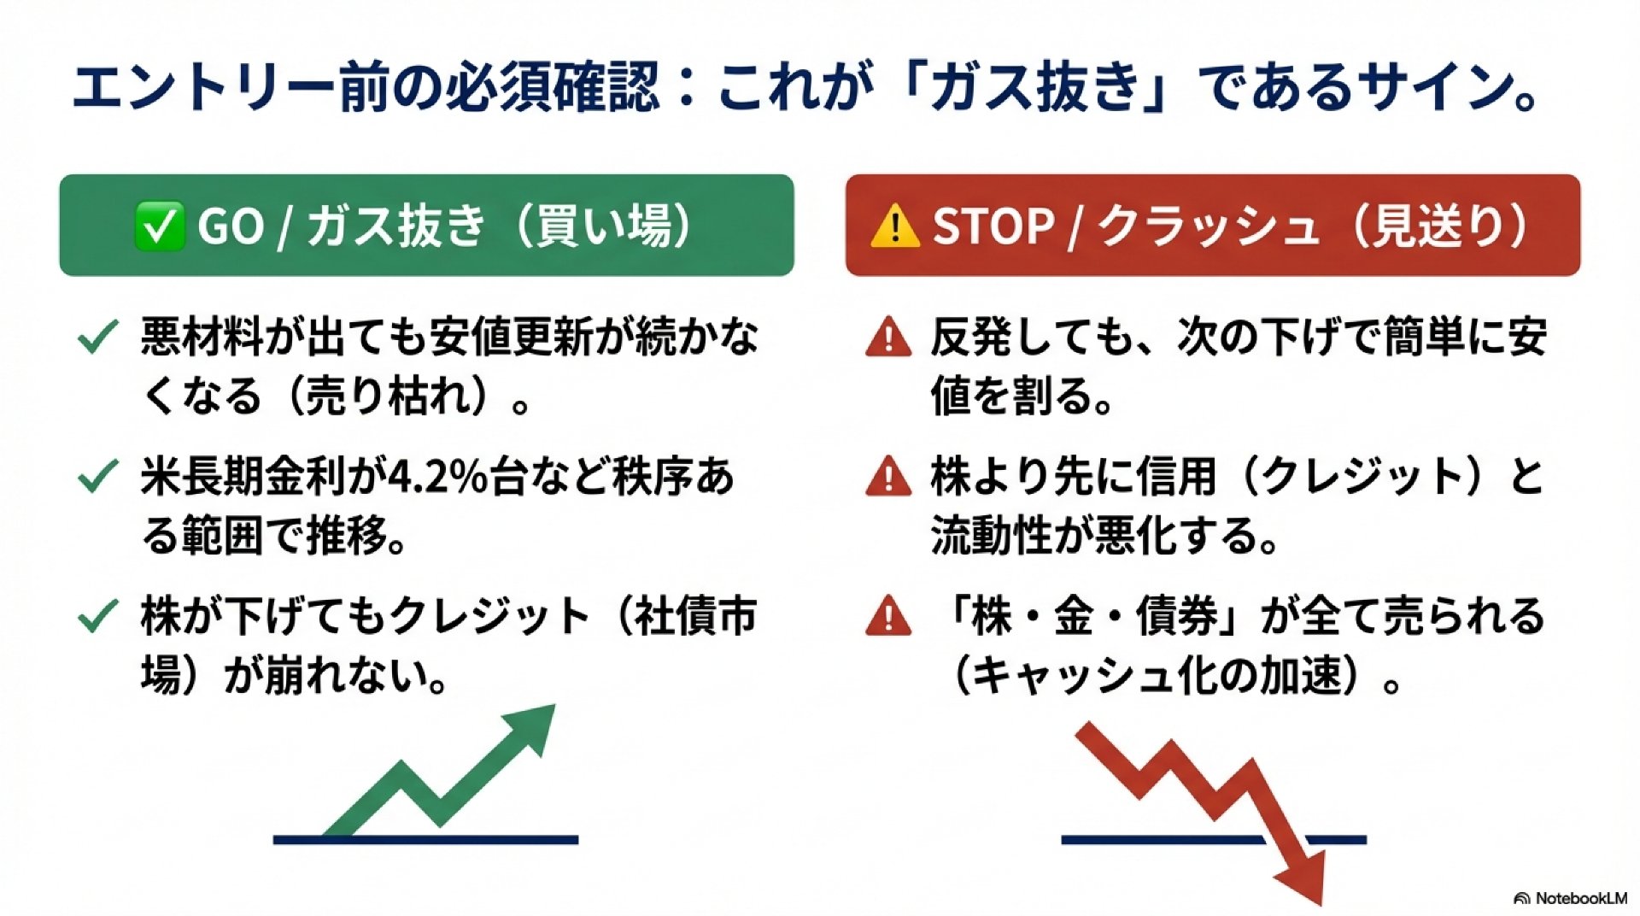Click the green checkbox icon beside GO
click(159, 226)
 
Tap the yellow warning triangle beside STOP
click(894, 226)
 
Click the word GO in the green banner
click(230, 227)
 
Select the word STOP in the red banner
click(993, 227)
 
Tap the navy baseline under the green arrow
click(425, 840)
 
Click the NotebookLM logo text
click(1580, 898)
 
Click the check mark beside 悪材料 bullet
click(97, 338)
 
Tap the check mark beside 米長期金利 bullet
click(97, 477)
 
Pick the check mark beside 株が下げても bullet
click(97, 616)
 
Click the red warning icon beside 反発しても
click(888, 336)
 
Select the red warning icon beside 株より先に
click(888, 476)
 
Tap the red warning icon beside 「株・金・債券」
click(888, 615)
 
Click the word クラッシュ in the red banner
click(1208, 227)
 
